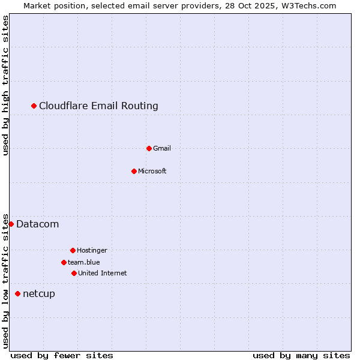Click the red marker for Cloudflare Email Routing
(x=34, y=106)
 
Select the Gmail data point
(x=149, y=148)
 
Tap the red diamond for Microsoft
(x=134, y=171)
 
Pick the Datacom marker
(x=11, y=224)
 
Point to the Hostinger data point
(x=73, y=250)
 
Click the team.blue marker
(x=64, y=262)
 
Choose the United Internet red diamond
(x=74, y=273)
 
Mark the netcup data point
(x=18, y=293)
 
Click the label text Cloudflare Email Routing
(x=98, y=106)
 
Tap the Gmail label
(x=162, y=148)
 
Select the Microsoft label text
(x=152, y=171)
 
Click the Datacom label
(x=37, y=224)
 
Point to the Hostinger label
(x=92, y=250)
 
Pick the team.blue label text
(x=83, y=262)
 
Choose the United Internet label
(x=102, y=273)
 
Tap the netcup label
(x=38, y=293)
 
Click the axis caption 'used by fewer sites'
(x=62, y=355)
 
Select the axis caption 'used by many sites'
(x=301, y=355)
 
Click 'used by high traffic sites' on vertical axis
(x=5, y=86)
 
